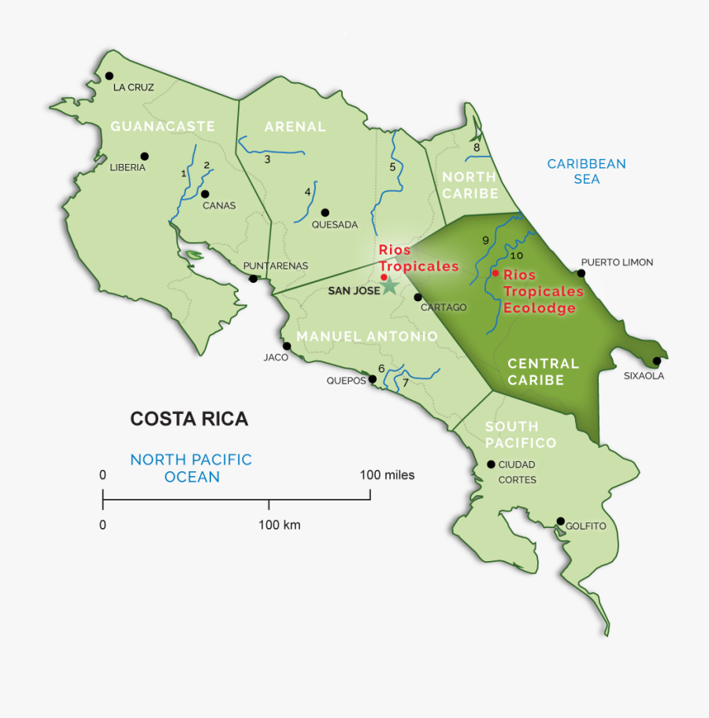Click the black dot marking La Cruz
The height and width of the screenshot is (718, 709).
pyautogui.click(x=110, y=76)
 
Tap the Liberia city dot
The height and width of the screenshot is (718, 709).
pyautogui.click(x=144, y=156)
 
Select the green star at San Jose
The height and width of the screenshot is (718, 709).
pyautogui.click(x=388, y=285)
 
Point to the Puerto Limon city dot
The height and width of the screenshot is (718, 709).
pyautogui.click(x=581, y=273)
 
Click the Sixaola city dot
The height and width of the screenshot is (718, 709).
pyautogui.click(x=657, y=361)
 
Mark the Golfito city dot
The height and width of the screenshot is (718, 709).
pyautogui.click(x=561, y=521)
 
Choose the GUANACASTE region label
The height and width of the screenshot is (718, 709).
pyautogui.click(x=162, y=126)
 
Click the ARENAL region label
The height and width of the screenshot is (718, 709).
pyautogui.click(x=295, y=126)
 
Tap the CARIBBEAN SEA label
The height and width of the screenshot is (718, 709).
pyautogui.click(x=586, y=172)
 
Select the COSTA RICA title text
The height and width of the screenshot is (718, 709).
pyautogui.click(x=189, y=419)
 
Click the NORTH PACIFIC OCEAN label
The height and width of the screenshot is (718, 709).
pyautogui.click(x=191, y=468)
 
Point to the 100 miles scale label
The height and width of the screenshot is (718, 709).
pyautogui.click(x=387, y=475)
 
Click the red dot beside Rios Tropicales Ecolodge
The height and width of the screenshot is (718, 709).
pyautogui.click(x=495, y=273)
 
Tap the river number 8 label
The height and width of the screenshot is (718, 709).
pyautogui.click(x=476, y=147)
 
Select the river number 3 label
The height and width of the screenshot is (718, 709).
pyautogui.click(x=267, y=159)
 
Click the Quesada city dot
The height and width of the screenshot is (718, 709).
pyautogui.click(x=325, y=212)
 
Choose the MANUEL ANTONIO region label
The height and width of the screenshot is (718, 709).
pyautogui.click(x=366, y=337)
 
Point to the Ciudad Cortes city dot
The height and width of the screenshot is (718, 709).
pyautogui.click(x=491, y=464)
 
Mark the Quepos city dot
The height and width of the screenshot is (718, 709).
pyautogui.click(x=373, y=379)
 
